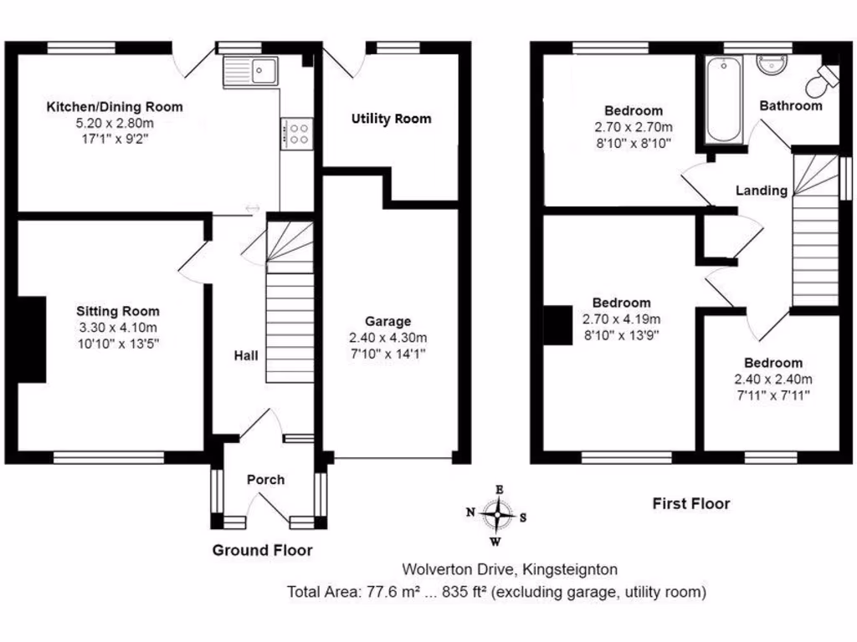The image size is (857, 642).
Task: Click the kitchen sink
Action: [x=251, y=71]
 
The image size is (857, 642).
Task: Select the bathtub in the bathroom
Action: [x=722, y=100]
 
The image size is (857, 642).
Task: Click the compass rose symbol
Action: [x=499, y=515]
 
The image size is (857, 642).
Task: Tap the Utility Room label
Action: [x=391, y=119]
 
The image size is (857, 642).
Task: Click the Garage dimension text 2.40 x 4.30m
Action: [x=387, y=338]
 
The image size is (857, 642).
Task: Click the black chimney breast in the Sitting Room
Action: [x=33, y=339]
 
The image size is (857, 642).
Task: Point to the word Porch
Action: [x=265, y=480]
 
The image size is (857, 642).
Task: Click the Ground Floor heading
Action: [x=262, y=550]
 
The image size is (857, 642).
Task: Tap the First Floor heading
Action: [x=690, y=503]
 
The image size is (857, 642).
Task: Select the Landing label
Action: [x=761, y=191]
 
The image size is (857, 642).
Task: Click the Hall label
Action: [x=245, y=356]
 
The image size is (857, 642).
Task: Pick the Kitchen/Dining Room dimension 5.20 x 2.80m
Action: [x=114, y=123]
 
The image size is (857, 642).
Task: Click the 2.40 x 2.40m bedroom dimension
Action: [x=773, y=379]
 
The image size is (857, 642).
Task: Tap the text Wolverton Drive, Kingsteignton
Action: [x=510, y=570]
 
